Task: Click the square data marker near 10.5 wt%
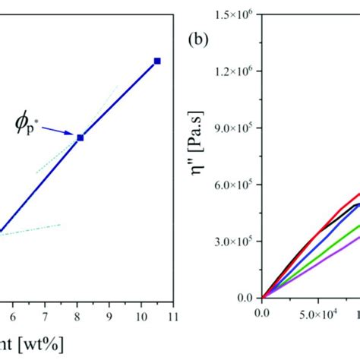[157, 60]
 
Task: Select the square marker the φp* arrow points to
[80, 137]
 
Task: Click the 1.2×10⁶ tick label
[233, 71]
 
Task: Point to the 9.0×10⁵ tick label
[233, 128]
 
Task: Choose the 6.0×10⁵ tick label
[233, 185]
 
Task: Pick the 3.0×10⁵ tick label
[233, 242]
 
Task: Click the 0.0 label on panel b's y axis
[245, 298]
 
